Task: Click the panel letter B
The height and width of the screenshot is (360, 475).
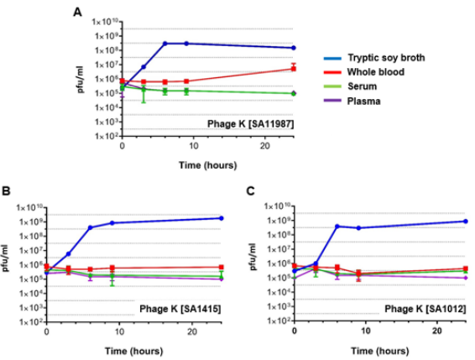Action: (x=5, y=192)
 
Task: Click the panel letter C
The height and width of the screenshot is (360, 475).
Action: (x=253, y=192)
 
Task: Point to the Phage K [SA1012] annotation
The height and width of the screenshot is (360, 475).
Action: (x=426, y=310)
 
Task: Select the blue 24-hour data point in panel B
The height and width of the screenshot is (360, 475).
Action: (x=221, y=218)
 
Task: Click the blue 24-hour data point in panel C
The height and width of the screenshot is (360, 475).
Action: (x=465, y=222)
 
